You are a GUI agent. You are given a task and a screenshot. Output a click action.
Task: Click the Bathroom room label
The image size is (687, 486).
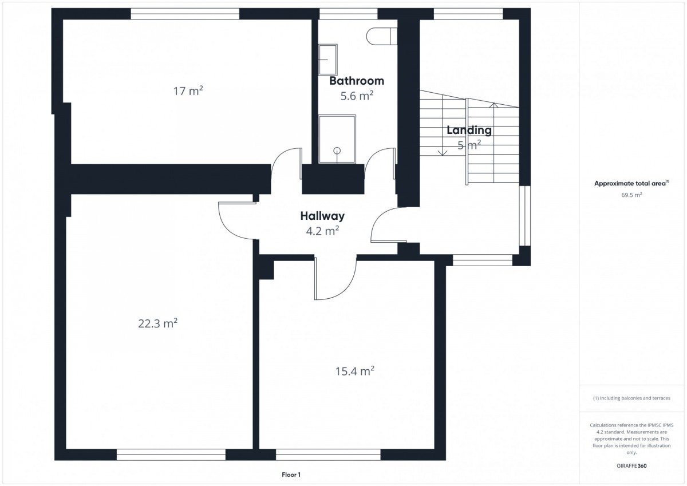tap(357, 81)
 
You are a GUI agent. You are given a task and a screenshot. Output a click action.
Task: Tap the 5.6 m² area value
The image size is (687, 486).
tap(357, 96)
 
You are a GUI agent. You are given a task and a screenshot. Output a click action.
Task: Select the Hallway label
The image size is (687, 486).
tap(322, 216)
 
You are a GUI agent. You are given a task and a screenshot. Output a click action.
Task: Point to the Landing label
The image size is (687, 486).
tap(469, 131)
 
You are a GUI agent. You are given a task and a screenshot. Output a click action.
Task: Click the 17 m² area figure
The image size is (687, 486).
tap(188, 91)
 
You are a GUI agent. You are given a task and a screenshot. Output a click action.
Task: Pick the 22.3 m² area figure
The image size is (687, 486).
tap(157, 323)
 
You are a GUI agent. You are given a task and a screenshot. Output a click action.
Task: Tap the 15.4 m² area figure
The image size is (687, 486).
tap(354, 372)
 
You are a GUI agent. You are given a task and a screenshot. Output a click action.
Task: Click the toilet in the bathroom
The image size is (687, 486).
tap(381, 36)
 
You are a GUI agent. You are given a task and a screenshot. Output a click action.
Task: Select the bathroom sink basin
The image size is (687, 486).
tap(328, 60)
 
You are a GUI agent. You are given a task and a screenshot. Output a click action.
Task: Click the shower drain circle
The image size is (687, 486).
tap(337, 151)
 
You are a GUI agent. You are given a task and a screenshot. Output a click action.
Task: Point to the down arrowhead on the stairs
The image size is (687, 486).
tap(442, 153)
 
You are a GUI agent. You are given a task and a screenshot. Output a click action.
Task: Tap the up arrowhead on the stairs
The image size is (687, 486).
tap(493, 105)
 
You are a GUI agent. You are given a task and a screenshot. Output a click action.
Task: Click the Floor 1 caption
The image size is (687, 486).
tap(291, 475)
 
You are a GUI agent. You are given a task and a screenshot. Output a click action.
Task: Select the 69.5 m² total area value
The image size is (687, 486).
tap(631, 195)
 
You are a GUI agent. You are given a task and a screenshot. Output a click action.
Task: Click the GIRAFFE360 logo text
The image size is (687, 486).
tap(631, 466)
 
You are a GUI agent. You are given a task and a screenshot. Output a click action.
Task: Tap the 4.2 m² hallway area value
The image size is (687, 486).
tap(322, 231)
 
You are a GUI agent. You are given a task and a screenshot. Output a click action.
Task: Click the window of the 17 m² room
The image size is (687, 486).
tap(185, 14)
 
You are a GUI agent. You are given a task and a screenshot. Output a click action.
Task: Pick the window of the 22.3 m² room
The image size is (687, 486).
tap(171, 455)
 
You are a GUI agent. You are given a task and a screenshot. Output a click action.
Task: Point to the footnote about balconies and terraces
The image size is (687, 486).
tap(631, 398)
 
